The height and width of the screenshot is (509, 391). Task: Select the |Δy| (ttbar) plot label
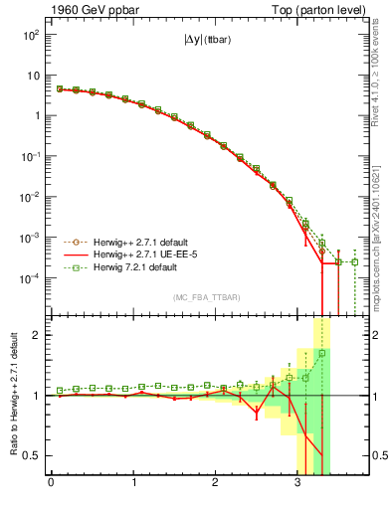pyautogui.click(x=202, y=43)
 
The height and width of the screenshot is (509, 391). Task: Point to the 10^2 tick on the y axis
pyautogui.click(x=31, y=34)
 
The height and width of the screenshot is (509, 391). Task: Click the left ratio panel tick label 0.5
pyautogui.click(x=33, y=456)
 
